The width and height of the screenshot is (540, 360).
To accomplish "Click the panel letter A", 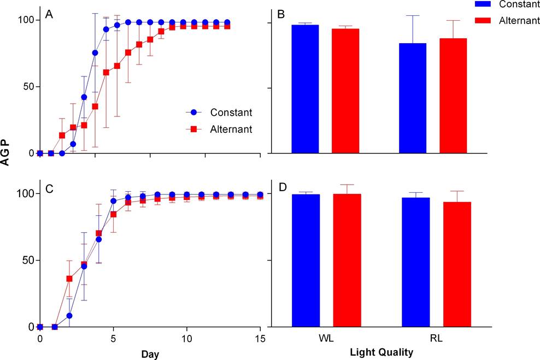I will [49, 15].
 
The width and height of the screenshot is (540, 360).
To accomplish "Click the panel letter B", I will [281, 15].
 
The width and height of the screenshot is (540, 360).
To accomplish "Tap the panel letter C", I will [49, 188].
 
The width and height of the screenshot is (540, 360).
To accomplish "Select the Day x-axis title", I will [150, 355].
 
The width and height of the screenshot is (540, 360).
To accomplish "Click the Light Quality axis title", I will [380, 353].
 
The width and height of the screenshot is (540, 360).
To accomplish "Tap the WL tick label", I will [326, 339].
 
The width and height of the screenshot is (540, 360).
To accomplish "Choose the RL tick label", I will [435, 339].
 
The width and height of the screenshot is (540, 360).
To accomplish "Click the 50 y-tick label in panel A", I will [27, 87].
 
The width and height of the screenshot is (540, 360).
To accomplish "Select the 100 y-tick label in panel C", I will [25, 193].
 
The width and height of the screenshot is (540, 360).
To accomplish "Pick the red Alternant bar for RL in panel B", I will [453, 96].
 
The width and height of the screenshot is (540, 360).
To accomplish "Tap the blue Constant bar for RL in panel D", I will [415, 262].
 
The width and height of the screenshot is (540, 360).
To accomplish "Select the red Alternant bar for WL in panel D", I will [347, 260].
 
